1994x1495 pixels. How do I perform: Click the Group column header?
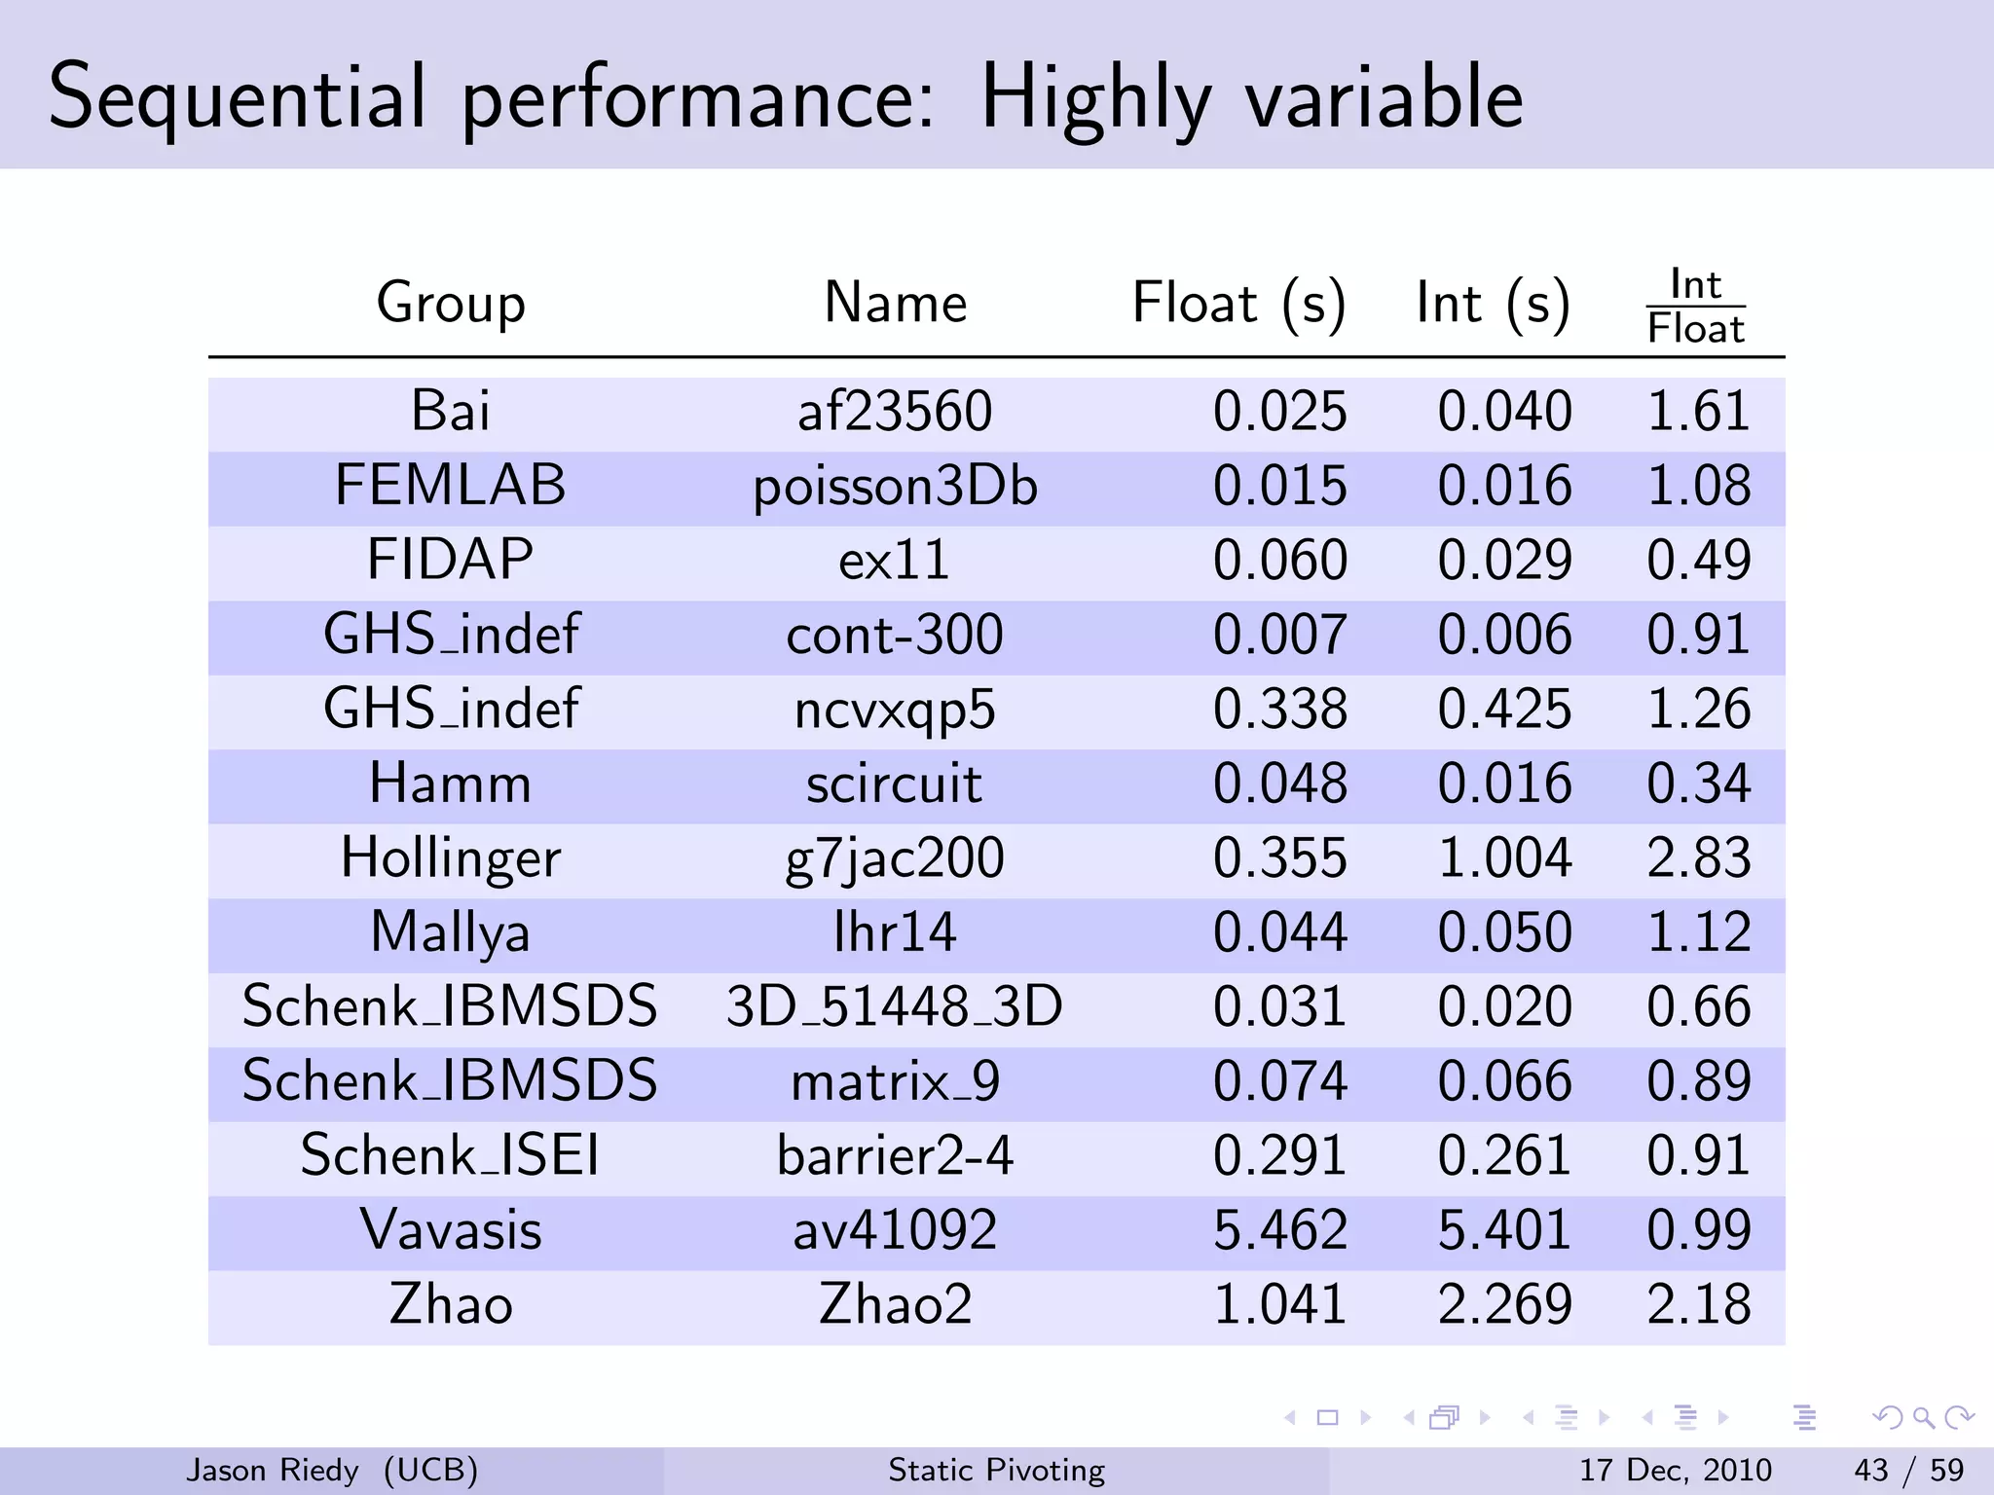click(451, 303)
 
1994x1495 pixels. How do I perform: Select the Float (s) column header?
click(1238, 303)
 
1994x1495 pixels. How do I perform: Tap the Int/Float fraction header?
click(1695, 307)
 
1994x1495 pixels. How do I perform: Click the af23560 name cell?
click(894, 412)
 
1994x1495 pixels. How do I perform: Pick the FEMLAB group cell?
click(450, 486)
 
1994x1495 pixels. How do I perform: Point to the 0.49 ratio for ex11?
click(1698, 561)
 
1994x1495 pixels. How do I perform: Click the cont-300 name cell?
click(894, 636)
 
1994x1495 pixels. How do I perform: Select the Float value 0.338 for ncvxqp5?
click(1279, 710)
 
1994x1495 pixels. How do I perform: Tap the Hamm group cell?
click(450, 784)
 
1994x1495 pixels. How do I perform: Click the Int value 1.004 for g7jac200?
click(1504, 858)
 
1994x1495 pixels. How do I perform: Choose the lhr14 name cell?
click(894, 932)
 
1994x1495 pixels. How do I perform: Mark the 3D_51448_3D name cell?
click(894, 1007)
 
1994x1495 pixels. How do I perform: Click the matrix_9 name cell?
click(894, 1082)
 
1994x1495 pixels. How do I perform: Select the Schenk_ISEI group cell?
click(450, 1156)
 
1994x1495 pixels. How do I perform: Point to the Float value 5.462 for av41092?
click(1279, 1230)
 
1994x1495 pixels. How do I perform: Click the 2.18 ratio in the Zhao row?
click(1698, 1305)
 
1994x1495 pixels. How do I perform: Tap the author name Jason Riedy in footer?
click(273, 1470)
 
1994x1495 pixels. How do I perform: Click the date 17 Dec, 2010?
click(1675, 1470)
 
